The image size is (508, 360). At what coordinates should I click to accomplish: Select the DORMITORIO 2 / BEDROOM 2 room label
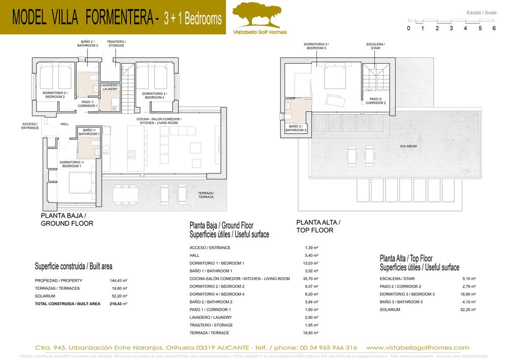(55, 95)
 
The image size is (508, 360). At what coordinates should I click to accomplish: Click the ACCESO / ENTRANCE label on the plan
(30, 126)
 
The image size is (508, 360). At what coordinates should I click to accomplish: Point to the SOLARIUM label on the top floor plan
(408, 146)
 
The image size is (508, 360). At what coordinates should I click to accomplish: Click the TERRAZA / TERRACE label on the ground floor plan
(206, 195)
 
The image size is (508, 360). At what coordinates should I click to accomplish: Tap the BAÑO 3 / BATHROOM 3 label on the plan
(296, 129)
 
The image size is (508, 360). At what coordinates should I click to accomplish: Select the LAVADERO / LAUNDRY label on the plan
(110, 87)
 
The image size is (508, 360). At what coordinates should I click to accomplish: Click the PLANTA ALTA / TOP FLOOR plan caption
(318, 226)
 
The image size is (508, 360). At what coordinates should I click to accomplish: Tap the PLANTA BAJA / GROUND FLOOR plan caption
(67, 219)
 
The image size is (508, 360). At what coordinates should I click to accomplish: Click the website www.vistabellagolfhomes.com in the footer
(417, 347)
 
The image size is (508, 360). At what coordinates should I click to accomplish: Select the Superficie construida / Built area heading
(73, 266)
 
